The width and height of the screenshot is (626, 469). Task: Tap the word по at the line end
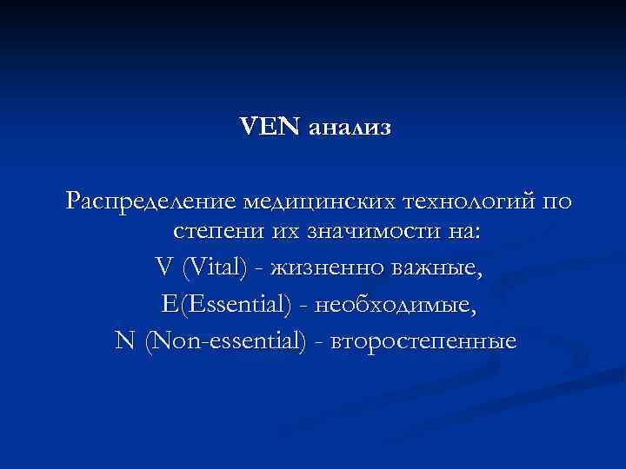point(556,202)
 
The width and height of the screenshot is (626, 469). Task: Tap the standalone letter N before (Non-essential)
point(125,340)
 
